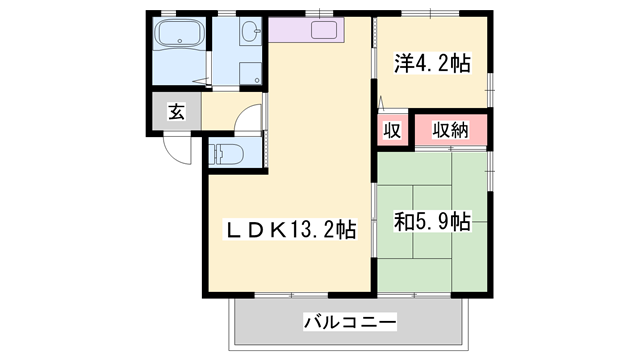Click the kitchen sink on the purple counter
[x=324, y=29]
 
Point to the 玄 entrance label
[x=176, y=112]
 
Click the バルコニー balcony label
[x=349, y=322]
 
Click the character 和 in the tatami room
[x=405, y=222]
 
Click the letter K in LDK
[x=273, y=229]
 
